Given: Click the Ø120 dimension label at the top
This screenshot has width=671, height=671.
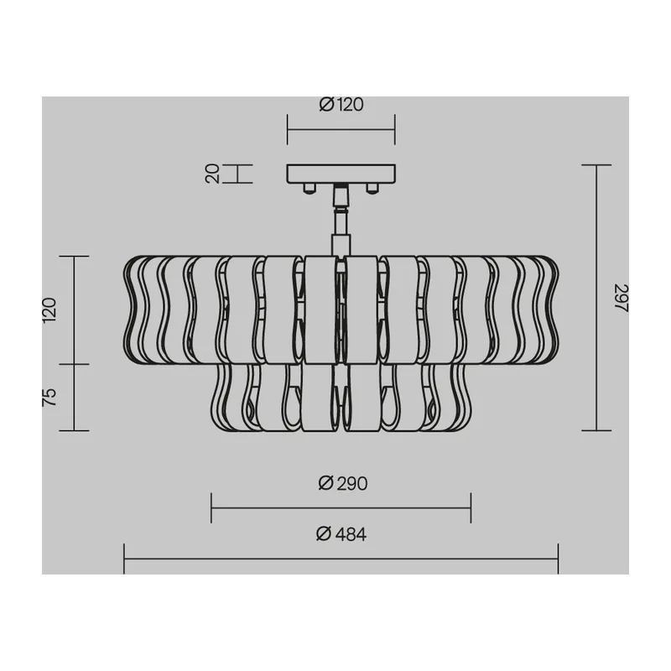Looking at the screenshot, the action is pyautogui.click(x=341, y=104).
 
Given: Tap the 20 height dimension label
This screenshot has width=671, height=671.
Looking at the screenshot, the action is pyautogui.click(x=213, y=174).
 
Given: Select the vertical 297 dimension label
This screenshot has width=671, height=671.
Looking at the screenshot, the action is pyautogui.click(x=621, y=298).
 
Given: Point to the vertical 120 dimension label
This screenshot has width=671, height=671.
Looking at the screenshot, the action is pyautogui.click(x=49, y=309).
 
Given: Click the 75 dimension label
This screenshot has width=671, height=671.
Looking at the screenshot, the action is pyautogui.click(x=49, y=397).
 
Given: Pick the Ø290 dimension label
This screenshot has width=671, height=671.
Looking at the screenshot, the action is pyautogui.click(x=343, y=484).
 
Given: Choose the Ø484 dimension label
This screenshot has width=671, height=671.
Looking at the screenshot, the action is pyautogui.click(x=341, y=534).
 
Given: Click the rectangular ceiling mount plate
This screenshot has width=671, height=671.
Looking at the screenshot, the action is pyautogui.click(x=341, y=174).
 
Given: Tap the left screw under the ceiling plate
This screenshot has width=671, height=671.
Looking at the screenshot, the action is pyautogui.click(x=309, y=188).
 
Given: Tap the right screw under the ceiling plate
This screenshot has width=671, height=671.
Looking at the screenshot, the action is pyautogui.click(x=372, y=188).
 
